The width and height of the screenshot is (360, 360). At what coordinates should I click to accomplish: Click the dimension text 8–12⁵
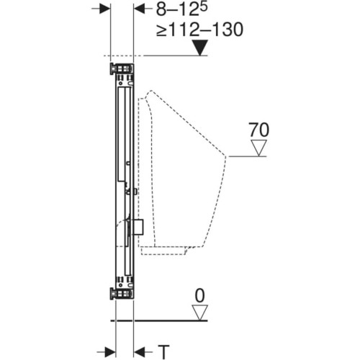(181, 9)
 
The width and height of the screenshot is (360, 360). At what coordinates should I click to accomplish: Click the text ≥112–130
(200, 30)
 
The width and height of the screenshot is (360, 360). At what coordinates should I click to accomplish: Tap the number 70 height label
(258, 130)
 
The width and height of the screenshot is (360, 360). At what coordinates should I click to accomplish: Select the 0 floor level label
(199, 296)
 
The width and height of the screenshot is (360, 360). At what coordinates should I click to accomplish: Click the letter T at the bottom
(164, 352)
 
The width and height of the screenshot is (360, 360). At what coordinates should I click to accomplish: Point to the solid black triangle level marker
(200, 48)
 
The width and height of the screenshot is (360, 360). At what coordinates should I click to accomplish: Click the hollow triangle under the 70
(258, 148)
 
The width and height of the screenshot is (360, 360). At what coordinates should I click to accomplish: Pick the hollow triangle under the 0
(199, 312)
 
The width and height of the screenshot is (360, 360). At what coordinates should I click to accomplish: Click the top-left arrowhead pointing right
(105, 9)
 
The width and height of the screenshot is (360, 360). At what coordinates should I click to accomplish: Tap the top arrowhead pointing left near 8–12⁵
(139, 9)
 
